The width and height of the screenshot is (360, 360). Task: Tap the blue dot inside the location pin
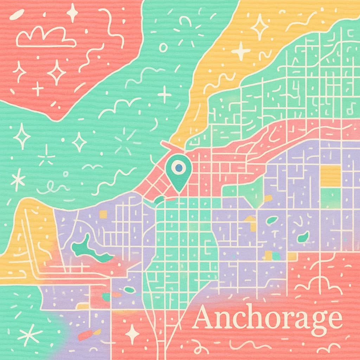[x=179, y=168]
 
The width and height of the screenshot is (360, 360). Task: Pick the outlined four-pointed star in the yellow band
[x=260, y=27]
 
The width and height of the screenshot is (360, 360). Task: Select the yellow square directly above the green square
[x=330, y=175]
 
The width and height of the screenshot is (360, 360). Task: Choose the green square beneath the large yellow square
[x=330, y=198]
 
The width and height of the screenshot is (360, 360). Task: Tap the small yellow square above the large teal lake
[x=103, y=214]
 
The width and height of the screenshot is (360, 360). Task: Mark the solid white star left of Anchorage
[x=133, y=333]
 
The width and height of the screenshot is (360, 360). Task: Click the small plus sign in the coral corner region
[x=38, y=88]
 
